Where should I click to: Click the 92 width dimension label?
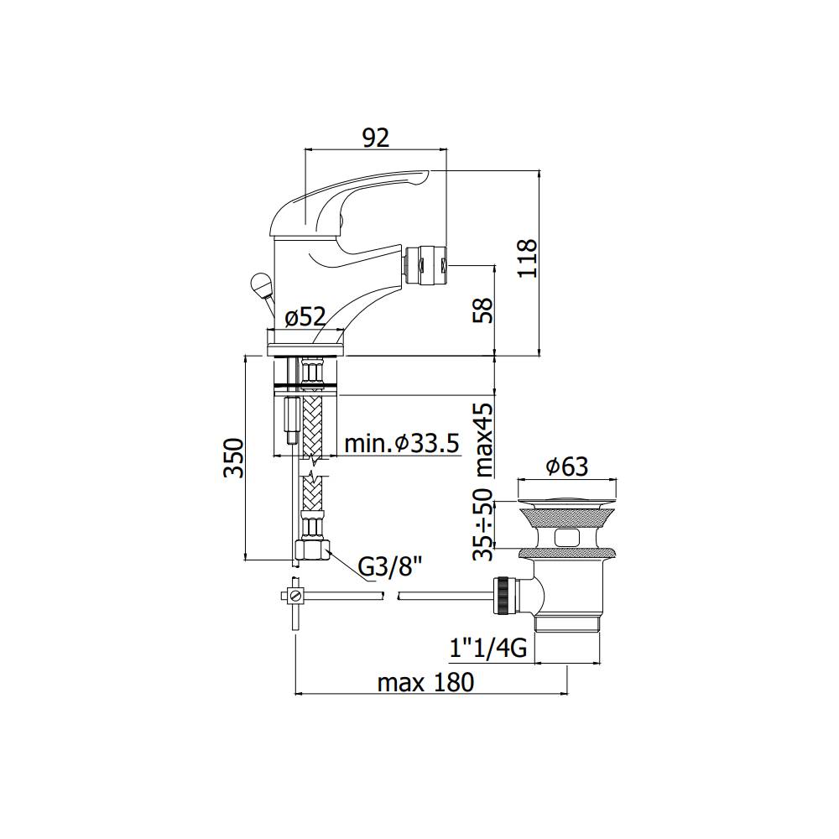pos(376,138)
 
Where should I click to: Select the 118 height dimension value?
pos(527,258)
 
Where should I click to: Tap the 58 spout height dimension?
pos(482,310)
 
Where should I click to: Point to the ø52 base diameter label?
pos(305,317)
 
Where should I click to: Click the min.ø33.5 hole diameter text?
pos(402,444)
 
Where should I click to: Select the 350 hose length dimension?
pos(234,457)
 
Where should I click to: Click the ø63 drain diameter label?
pos(566,466)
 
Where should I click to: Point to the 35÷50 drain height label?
pos(482,524)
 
